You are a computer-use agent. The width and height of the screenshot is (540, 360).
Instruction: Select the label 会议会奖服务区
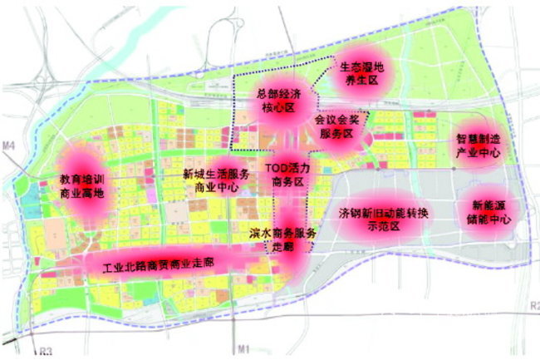pyautogui.click(x=337, y=127)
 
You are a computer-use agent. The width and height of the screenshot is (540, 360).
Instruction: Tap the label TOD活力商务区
pyautogui.click(x=287, y=174)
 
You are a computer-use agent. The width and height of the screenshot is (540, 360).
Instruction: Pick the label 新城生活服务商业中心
pyautogui.click(x=216, y=181)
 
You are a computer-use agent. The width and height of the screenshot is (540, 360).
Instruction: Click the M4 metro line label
pyautogui.click(x=9, y=147)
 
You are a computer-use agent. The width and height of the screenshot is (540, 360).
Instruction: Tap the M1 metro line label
pyautogui.click(x=243, y=348)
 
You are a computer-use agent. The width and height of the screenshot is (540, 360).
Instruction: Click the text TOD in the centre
pyautogui.click(x=275, y=168)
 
